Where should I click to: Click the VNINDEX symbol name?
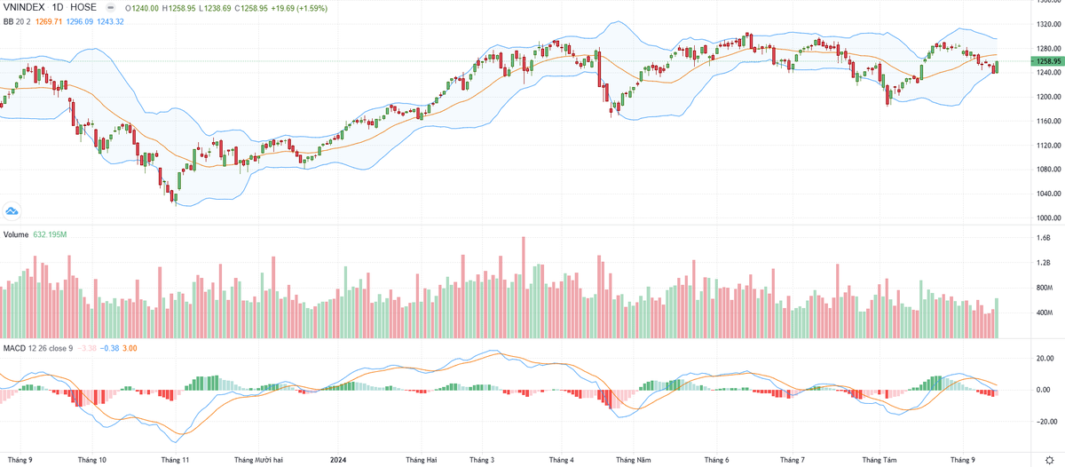coord(26,7)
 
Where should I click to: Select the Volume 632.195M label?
coord(35,234)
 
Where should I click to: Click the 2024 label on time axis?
coord(337,460)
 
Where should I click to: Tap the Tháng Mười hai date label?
coord(259,460)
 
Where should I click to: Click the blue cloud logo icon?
coord(12,210)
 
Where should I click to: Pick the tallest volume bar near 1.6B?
coord(524,287)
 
